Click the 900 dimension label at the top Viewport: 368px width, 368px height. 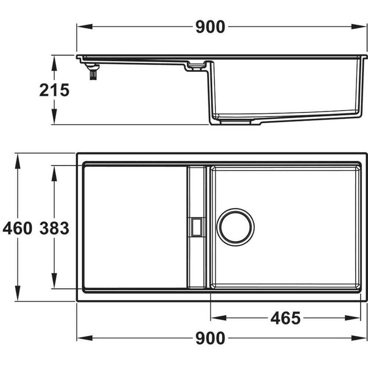pos(210,27)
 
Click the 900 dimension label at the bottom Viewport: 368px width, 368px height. pos(210,338)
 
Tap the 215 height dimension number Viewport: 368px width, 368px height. pos(54,90)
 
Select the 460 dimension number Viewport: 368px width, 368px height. pos(17,229)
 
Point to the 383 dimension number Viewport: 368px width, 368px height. pos(54,229)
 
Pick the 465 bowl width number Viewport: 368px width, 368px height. pos(285,318)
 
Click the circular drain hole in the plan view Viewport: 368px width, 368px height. pos(235,227)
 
